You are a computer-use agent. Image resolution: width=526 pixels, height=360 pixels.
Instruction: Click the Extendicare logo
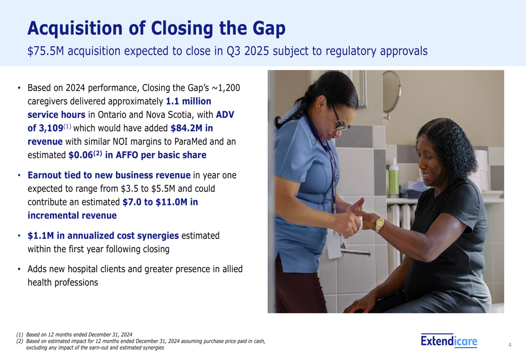coord(449,341)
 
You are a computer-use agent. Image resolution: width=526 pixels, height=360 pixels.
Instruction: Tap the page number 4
coord(510,345)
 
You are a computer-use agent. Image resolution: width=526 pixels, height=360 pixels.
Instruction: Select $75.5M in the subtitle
coord(46,51)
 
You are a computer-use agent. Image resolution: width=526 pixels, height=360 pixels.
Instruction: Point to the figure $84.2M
coord(187,128)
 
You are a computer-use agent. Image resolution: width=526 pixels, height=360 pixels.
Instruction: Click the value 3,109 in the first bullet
coord(51,128)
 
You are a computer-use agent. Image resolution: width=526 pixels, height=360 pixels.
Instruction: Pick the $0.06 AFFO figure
coord(80,155)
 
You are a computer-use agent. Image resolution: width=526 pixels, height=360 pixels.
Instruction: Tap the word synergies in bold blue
coord(158,235)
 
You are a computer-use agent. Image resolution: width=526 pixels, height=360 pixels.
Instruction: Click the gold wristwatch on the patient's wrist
coord(380,224)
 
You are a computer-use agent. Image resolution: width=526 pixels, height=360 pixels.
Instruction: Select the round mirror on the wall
coord(391,94)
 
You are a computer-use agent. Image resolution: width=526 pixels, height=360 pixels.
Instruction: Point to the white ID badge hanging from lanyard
coord(335,246)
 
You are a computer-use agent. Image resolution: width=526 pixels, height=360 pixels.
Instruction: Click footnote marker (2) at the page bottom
coord(20,341)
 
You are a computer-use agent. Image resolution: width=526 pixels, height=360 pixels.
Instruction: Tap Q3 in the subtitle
coord(234,52)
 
